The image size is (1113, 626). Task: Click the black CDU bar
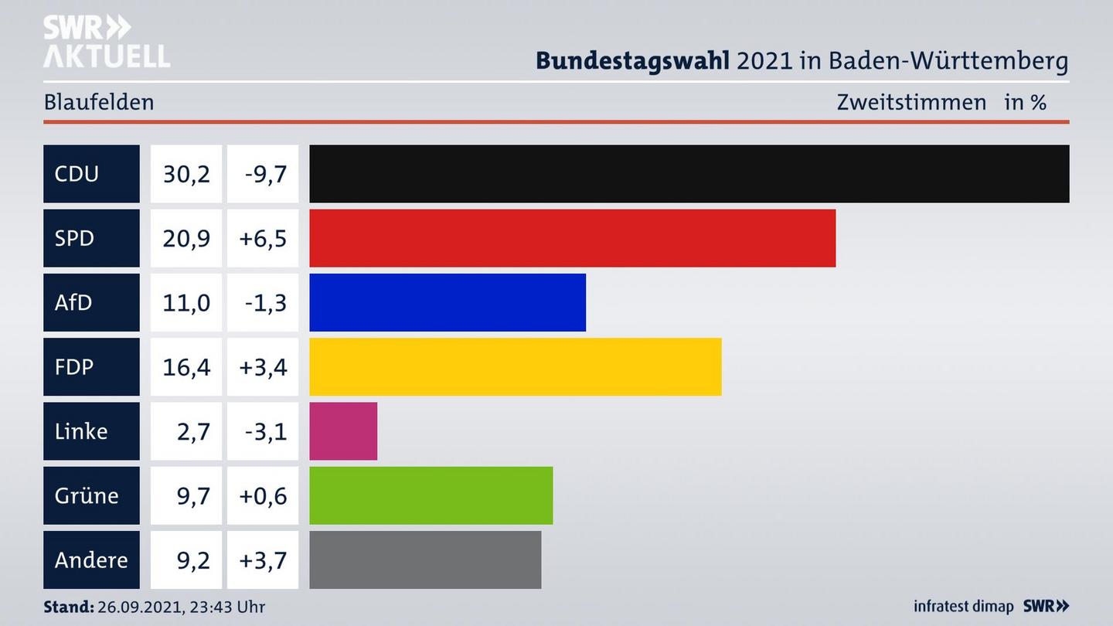pyautogui.click(x=689, y=174)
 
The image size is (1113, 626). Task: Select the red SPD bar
pyautogui.click(x=572, y=238)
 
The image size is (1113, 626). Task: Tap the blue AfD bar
pyautogui.click(x=448, y=302)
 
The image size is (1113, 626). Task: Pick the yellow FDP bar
pyautogui.click(x=515, y=366)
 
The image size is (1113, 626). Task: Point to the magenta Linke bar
pyautogui.click(x=343, y=431)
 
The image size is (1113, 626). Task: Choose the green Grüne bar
pyautogui.click(x=431, y=495)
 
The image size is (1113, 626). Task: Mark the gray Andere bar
pyautogui.click(x=425, y=560)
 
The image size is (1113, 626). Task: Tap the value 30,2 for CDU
pyautogui.click(x=186, y=174)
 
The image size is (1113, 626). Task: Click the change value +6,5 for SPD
pyautogui.click(x=263, y=238)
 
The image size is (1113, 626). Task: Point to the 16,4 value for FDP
pyautogui.click(x=186, y=366)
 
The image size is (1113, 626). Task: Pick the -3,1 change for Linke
pyautogui.click(x=265, y=431)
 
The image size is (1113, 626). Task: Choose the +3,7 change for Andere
pyautogui.click(x=263, y=560)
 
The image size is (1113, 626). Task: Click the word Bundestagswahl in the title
pyautogui.click(x=632, y=60)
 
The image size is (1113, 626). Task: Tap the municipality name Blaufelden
pyautogui.click(x=99, y=102)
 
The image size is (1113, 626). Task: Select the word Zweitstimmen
pyautogui.click(x=911, y=102)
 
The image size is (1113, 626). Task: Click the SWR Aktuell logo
pyautogui.click(x=106, y=42)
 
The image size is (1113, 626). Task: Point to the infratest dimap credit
pyautogui.click(x=963, y=607)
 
